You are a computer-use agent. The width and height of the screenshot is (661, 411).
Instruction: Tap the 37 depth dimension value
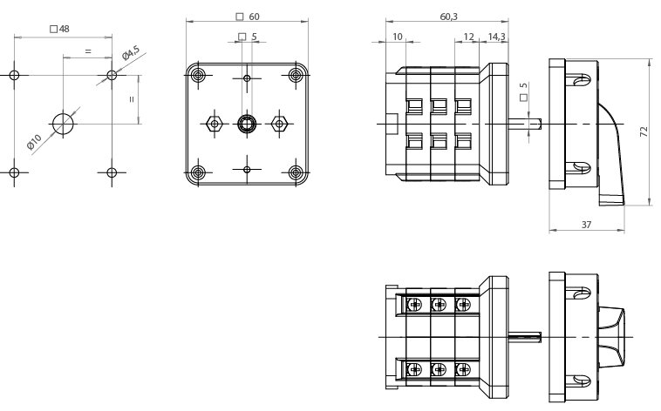pyautogui.click(x=587, y=225)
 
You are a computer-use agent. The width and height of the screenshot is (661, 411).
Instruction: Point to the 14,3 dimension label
pyautogui.click(x=495, y=37)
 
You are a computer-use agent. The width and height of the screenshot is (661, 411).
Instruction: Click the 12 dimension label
pyautogui.click(x=468, y=37)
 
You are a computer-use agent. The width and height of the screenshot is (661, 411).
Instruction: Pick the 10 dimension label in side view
pyautogui.click(x=398, y=37)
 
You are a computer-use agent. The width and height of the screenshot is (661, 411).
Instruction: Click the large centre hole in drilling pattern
pyautogui.click(x=63, y=124)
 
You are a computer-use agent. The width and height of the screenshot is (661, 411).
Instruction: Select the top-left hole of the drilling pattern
pyautogui.click(x=14, y=75)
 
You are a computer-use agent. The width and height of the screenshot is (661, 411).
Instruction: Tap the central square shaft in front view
pyautogui.click(x=248, y=123)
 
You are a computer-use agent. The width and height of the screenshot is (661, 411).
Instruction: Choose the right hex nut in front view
pyautogui.click(x=280, y=123)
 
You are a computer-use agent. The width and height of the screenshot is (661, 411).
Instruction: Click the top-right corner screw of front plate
pyautogui.click(x=296, y=75)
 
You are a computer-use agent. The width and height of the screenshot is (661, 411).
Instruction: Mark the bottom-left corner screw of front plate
pyautogui.click(x=199, y=172)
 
